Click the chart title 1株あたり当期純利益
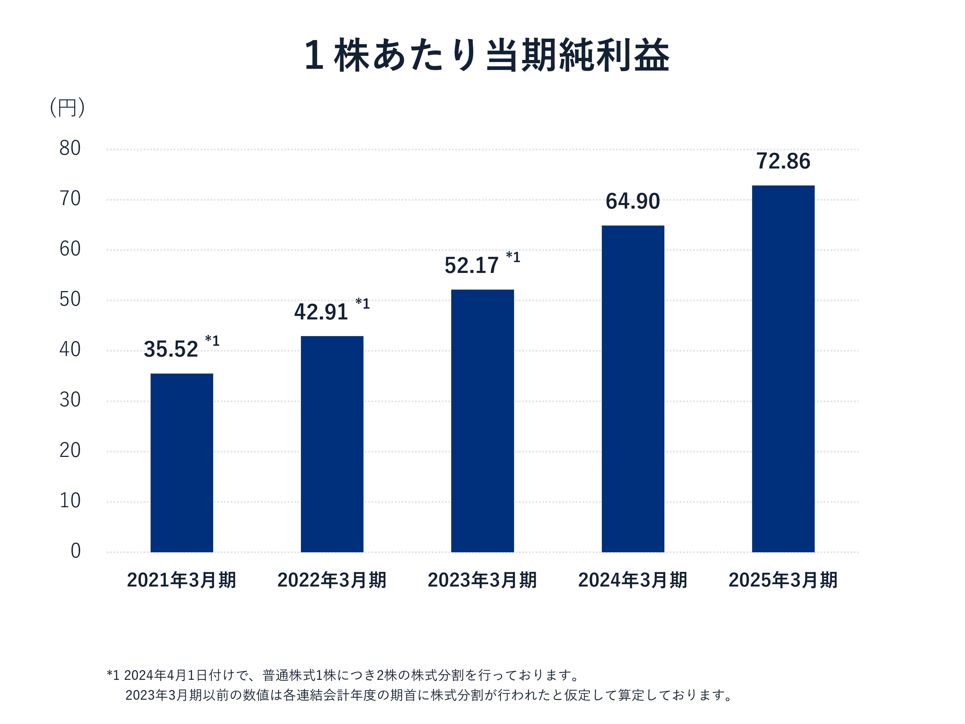point(486,55)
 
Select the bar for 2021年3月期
point(182,462)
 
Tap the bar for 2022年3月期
point(332,444)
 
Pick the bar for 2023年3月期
point(482,421)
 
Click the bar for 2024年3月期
point(633,388)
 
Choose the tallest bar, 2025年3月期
point(783,369)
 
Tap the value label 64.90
point(633,202)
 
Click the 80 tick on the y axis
point(70,148)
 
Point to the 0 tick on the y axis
point(75,551)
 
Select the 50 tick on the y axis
point(70,299)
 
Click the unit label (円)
point(67,107)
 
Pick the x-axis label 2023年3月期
point(482,580)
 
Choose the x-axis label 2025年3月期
point(783,580)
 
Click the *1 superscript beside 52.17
point(513,257)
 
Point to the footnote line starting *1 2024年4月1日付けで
point(343,675)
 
